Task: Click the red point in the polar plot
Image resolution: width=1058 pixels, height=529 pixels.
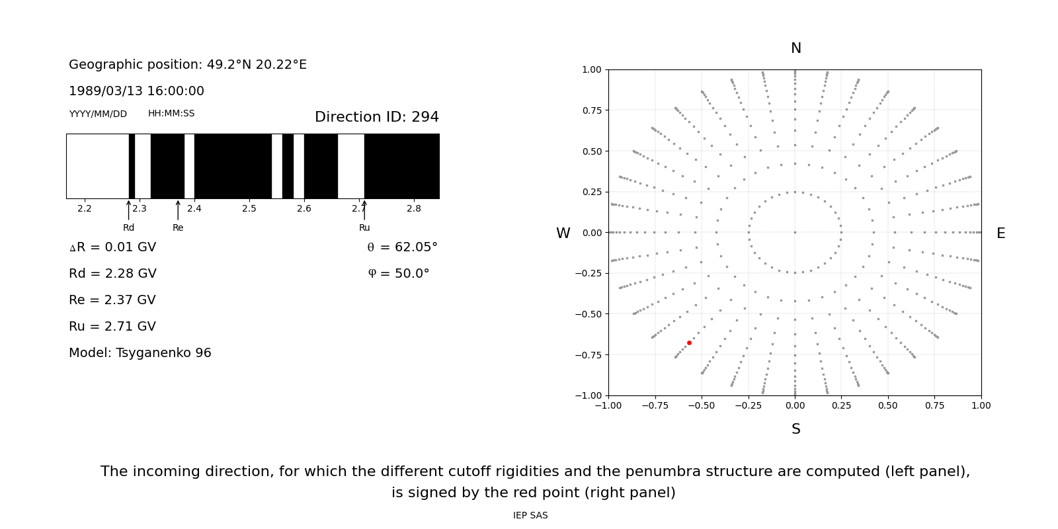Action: [x=689, y=343]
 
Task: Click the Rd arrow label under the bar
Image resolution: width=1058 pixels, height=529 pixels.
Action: [x=128, y=228]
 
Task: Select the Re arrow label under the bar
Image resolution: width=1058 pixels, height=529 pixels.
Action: [x=178, y=228]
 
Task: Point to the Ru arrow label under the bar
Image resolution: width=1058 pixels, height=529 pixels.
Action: [x=364, y=228]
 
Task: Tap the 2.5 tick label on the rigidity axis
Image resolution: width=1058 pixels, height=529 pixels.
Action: [x=249, y=209]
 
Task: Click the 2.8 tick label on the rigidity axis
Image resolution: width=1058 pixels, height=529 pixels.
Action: [x=413, y=209]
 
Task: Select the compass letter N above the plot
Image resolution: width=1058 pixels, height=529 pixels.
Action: [x=795, y=48]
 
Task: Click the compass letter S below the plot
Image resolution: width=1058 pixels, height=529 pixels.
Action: [x=795, y=429]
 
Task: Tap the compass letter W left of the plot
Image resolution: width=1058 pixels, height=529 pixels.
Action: [x=563, y=233]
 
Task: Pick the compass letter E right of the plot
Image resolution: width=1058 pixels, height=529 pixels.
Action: [x=1000, y=233]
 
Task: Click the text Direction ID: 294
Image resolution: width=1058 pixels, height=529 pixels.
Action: [x=376, y=117]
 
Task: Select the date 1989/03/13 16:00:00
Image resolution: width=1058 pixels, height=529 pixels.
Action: [x=136, y=91]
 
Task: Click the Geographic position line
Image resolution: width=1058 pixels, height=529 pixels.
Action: [x=188, y=65]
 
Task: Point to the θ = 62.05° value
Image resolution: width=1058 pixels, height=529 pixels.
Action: [x=402, y=247]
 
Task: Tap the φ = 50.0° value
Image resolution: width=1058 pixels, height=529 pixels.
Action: [x=398, y=274]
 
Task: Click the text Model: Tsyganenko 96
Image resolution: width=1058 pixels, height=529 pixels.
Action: [x=140, y=353]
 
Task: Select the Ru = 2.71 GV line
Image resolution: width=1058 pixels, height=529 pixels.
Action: [x=112, y=327]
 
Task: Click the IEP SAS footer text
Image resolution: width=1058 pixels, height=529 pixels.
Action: [x=530, y=516]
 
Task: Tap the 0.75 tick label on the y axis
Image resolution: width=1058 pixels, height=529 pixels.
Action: [x=591, y=110]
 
